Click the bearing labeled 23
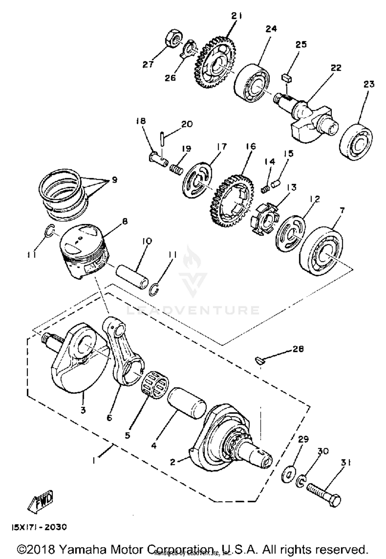click(x=356, y=142)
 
